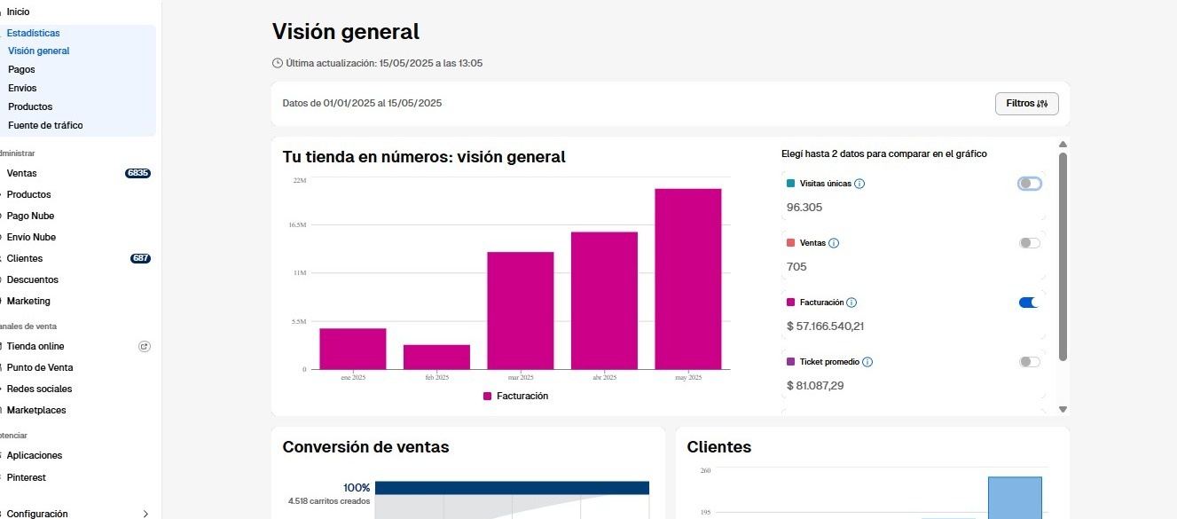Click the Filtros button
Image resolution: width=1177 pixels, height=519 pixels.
tap(1026, 104)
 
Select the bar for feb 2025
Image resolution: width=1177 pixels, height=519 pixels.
tap(436, 357)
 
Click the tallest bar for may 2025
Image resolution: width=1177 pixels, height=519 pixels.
tap(687, 279)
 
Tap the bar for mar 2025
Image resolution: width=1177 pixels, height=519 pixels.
tap(521, 311)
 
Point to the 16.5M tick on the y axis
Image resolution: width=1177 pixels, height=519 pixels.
tap(297, 225)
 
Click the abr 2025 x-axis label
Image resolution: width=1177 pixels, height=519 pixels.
tap(604, 377)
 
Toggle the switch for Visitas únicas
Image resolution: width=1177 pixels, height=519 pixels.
tap(1029, 184)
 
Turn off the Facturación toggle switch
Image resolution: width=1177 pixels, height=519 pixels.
tap(1029, 303)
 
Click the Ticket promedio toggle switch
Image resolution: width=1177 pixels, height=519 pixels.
tap(1029, 362)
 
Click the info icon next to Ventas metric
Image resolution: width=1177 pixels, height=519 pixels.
tap(834, 243)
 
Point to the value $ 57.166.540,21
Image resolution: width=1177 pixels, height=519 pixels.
tap(825, 326)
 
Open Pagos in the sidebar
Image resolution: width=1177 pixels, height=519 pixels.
tap(21, 69)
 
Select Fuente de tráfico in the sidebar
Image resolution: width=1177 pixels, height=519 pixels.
tap(45, 125)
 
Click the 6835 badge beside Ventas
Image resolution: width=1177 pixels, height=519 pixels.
tap(137, 173)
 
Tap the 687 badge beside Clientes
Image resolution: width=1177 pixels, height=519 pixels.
tap(140, 258)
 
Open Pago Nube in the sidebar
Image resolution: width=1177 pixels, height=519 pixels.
tap(31, 216)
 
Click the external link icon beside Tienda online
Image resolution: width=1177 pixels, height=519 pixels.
tap(145, 346)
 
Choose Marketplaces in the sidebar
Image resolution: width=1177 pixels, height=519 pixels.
tap(36, 410)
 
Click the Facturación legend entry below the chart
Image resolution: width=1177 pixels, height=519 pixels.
tap(515, 396)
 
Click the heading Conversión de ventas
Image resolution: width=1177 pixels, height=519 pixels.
tap(365, 447)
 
